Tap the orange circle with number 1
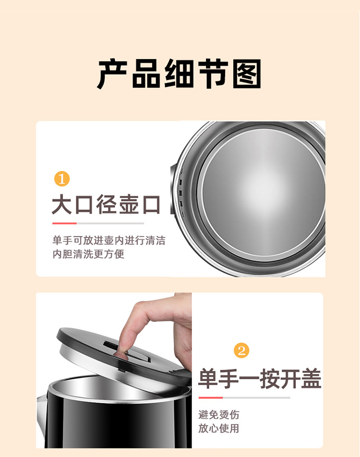(61, 179)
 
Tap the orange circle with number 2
(241, 350)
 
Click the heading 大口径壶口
(106, 204)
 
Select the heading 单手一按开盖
(260, 379)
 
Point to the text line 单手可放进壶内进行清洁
(108, 240)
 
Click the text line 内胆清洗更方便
(88, 254)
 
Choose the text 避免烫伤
(218, 414)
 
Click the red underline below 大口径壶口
(64, 223)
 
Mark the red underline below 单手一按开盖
(211, 398)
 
